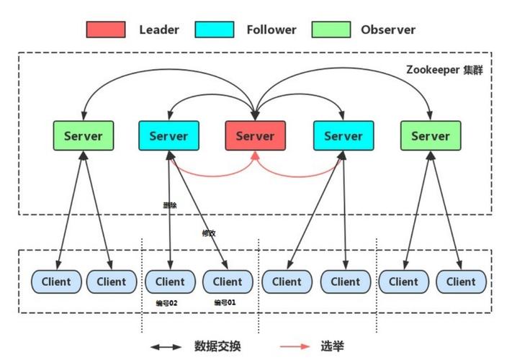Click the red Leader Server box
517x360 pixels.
point(255,135)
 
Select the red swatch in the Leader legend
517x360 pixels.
point(106,30)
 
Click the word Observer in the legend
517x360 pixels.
point(388,30)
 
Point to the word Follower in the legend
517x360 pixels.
point(271,30)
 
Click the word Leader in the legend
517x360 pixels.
point(158,30)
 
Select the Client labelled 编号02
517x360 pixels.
point(170,282)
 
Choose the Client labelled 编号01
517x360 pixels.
point(228,282)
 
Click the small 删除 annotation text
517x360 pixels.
point(170,205)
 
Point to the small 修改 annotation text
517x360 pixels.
point(209,233)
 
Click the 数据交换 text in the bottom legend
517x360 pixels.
point(217,346)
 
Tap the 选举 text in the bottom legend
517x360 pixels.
point(333,346)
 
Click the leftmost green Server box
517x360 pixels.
point(83,135)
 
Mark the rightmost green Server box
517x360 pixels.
point(430,135)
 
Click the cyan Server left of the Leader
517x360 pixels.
point(168,135)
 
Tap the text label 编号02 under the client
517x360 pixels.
point(167,303)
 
